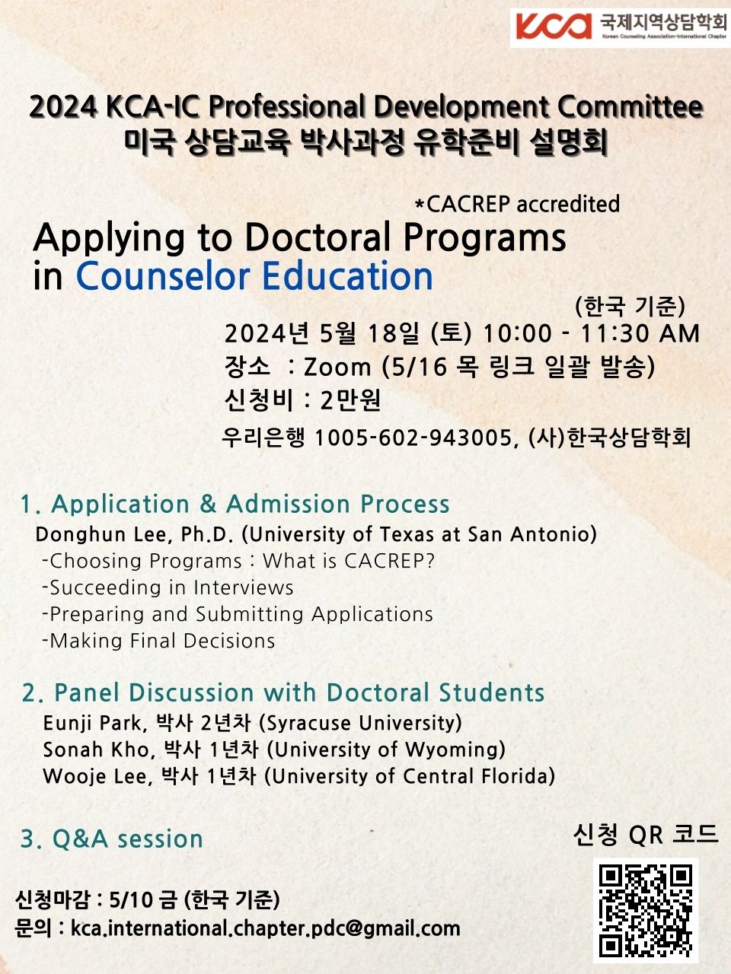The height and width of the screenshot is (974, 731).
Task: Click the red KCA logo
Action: (x=554, y=26)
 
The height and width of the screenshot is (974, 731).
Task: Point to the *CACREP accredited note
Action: (x=517, y=204)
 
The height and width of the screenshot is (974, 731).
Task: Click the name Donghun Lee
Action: (x=104, y=534)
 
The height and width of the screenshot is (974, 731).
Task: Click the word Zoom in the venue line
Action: (x=337, y=368)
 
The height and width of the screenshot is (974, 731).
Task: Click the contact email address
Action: (x=266, y=929)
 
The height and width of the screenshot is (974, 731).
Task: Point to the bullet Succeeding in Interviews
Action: (x=168, y=588)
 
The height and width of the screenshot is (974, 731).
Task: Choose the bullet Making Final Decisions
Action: (x=158, y=641)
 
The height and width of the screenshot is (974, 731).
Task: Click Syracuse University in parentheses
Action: (x=360, y=724)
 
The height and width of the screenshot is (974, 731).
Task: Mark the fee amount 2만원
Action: (x=350, y=401)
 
